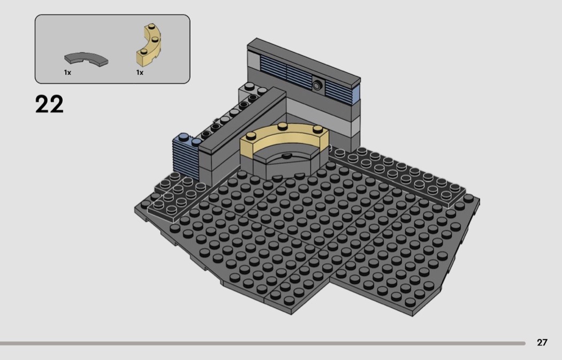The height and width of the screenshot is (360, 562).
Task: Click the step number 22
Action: [x=49, y=104]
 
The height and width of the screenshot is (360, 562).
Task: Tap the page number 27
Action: [x=542, y=342]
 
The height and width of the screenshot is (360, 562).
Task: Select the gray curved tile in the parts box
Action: [x=86, y=59]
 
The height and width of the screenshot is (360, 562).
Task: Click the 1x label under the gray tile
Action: [x=67, y=73]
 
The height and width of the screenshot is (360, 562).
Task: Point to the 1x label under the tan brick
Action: [x=139, y=73]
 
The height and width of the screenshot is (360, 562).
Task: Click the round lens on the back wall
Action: [x=317, y=85]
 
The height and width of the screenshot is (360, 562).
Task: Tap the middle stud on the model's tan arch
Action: [x=283, y=126]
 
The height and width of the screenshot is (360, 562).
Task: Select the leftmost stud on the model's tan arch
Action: [x=251, y=136]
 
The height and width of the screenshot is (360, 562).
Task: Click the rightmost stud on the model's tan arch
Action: [x=317, y=129]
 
